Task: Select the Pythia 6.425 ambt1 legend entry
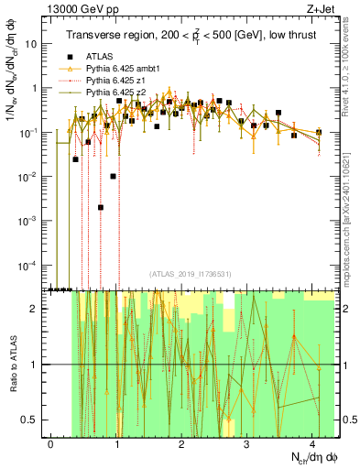pyautogui.click(x=119, y=69)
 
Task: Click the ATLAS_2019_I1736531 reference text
pyautogui.click(x=190, y=274)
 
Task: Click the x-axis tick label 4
pyautogui.click(x=312, y=443)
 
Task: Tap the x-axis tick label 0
pyautogui.click(x=50, y=443)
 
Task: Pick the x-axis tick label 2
pyautogui.click(x=181, y=443)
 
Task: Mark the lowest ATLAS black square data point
pyautogui.click(x=101, y=208)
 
